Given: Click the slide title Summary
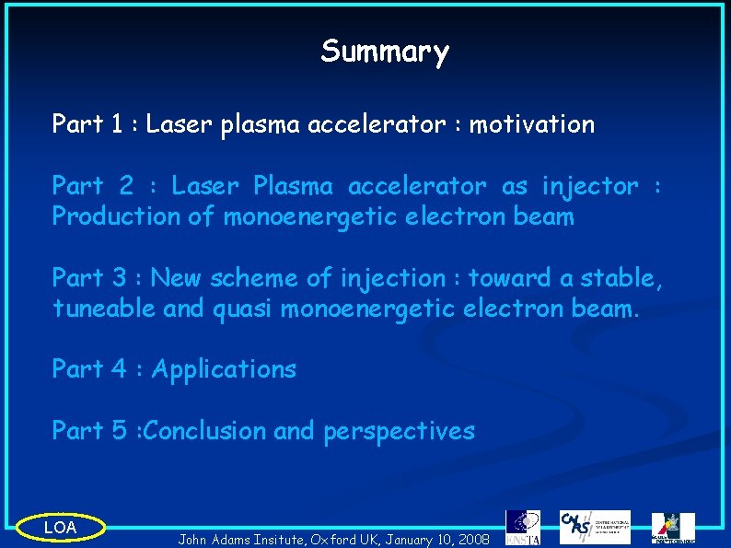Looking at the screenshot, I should click(x=385, y=52).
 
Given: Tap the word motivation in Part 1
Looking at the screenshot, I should click(x=532, y=123).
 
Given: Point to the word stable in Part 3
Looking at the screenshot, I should click(x=626, y=278).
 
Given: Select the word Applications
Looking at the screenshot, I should click(x=224, y=370).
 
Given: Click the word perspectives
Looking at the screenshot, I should click(x=399, y=432).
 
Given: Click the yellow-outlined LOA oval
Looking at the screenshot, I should click(x=61, y=528).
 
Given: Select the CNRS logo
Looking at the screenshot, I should click(x=594, y=527).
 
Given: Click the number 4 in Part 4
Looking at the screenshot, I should click(x=118, y=370).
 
